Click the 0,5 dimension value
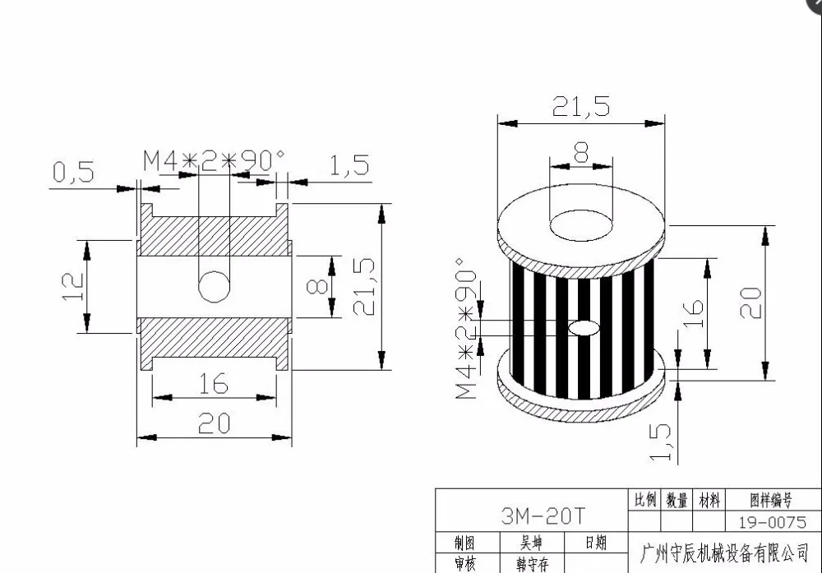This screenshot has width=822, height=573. [74, 172]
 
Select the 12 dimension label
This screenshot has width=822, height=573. [73, 286]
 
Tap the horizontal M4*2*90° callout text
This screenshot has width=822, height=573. [215, 160]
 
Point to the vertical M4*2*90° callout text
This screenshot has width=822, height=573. [467, 328]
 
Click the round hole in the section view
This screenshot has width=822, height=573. [215, 287]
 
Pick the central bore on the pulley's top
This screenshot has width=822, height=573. [581, 226]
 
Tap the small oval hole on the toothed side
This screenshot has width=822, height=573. [584, 328]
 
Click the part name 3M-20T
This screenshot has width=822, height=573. [542, 516]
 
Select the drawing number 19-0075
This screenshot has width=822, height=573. [772, 522]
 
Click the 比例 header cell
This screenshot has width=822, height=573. [644, 500]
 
